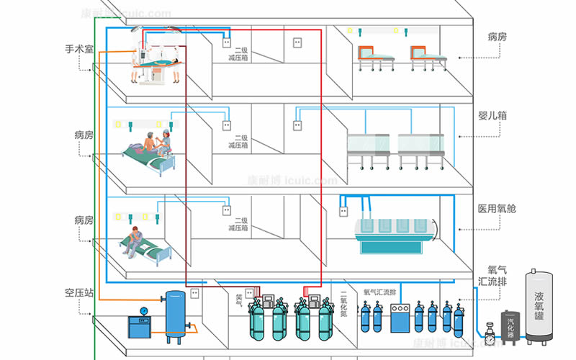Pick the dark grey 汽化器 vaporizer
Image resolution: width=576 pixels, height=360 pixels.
[510, 328]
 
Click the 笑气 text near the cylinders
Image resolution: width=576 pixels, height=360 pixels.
[240, 300]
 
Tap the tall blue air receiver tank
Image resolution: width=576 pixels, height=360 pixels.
[175, 315]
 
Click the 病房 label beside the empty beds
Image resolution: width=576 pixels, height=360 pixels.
[497, 37]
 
